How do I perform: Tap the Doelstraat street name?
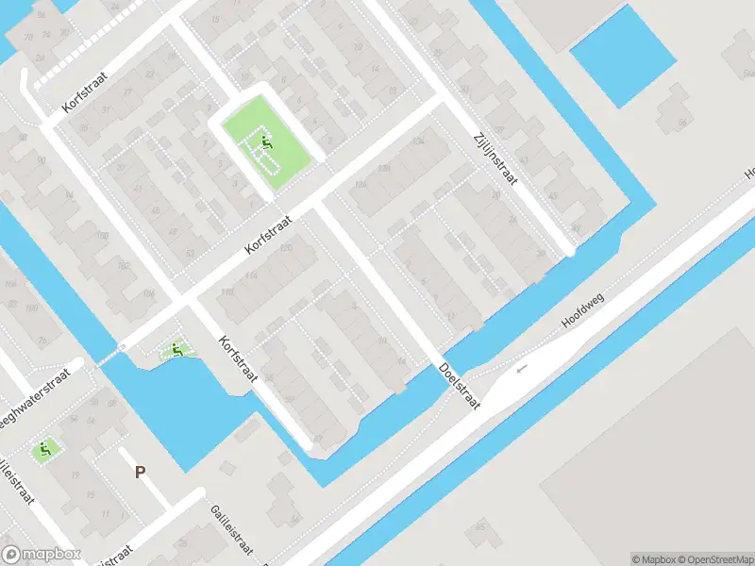(x=459, y=386)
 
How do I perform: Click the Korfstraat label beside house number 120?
(x=268, y=232)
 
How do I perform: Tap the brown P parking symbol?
(x=140, y=473)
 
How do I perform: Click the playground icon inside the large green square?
(x=266, y=145)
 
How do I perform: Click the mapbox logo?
(x=42, y=555)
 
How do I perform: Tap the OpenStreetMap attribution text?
(x=713, y=558)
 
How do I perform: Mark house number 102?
(x=123, y=266)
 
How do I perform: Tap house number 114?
(x=251, y=275)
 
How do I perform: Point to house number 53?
(x=190, y=253)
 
